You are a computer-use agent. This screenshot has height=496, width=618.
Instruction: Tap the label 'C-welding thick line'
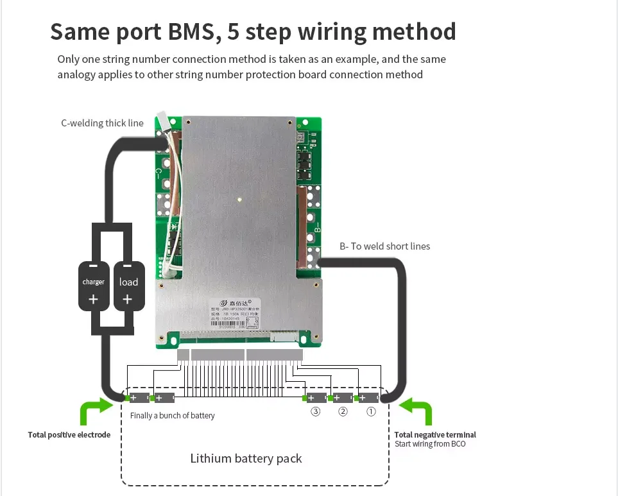pyautogui.click(x=102, y=123)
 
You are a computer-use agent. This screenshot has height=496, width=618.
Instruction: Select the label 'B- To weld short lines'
pyautogui.click(x=384, y=246)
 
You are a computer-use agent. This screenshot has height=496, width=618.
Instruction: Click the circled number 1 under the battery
pyautogui.click(x=370, y=412)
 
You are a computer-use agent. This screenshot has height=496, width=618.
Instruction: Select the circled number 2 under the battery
pyautogui.click(x=343, y=412)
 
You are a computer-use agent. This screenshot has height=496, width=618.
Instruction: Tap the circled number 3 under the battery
pyautogui.click(x=315, y=412)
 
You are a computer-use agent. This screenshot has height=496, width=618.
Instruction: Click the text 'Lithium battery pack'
pyautogui.click(x=246, y=458)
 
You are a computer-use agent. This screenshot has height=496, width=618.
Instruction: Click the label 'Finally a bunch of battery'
pyautogui.click(x=172, y=416)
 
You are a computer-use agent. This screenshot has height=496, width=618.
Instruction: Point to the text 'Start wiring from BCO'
pyautogui.click(x=430, y=444)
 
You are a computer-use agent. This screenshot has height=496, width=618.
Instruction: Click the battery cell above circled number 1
pyautogui.click(x=368, y=398)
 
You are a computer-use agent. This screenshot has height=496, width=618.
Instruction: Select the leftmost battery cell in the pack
pyautogui.click(x=139, y=398)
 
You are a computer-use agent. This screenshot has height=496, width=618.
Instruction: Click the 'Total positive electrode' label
pyautogui.click(x=69, y=435)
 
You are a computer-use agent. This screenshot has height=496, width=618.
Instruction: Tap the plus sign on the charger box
pyautogui.click(x=93, y=299)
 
